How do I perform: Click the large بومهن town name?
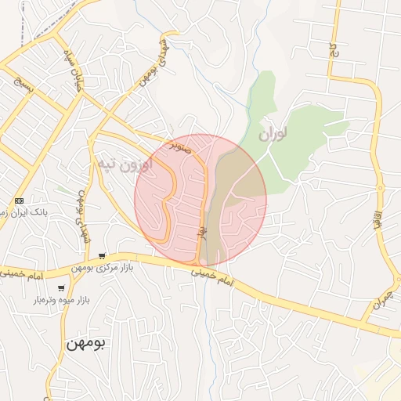[x=85, y=343]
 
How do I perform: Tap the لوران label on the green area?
[x=271, y=134]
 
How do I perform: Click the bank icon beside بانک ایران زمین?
[x=19, y=200]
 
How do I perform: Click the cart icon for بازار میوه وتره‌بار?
[x=61, y=289]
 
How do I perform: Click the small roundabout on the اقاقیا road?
[x=381, y=188]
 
